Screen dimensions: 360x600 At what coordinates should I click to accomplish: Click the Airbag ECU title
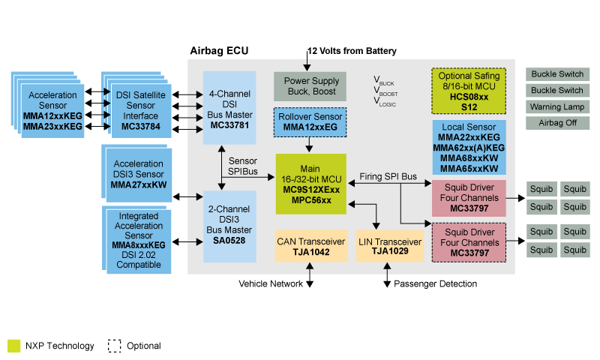click(x=219, y=51)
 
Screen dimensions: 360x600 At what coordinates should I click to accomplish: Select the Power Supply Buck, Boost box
click(x=310, y=86)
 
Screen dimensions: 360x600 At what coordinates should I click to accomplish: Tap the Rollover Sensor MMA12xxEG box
click(x=310, y=121)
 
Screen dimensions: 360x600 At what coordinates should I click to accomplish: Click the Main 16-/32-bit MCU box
click(x=310, y=184)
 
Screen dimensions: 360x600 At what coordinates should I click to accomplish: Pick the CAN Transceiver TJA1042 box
click(x=311, y=247)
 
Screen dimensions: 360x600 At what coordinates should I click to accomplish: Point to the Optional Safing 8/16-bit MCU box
click(x=469, y=91)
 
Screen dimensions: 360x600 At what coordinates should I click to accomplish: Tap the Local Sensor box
click(x=469, y=148)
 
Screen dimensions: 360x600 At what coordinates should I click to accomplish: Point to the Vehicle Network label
click(x=270, y=284)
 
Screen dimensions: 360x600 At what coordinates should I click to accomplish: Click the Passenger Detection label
click(x=435, y=284)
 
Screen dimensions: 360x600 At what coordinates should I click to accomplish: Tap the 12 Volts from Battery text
click(x=352, y=51)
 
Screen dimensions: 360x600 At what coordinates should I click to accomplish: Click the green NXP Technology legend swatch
click(x=13, y=346)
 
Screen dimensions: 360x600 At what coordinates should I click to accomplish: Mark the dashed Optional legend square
click(x=114, y=346)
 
